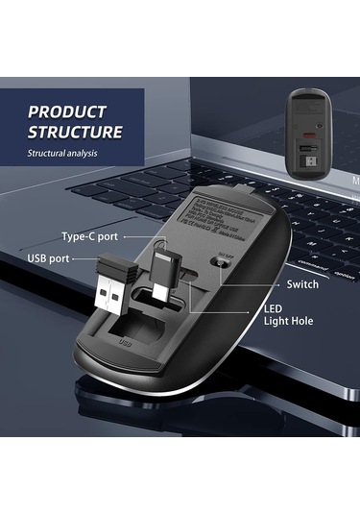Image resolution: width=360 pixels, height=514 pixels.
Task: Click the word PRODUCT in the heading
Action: pos(67,111)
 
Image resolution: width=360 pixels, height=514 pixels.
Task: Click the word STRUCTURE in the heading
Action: pos(75,133)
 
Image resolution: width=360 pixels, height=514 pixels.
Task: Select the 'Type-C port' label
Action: pos(89,236)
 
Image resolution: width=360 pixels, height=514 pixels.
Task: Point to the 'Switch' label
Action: pos(302,285)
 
